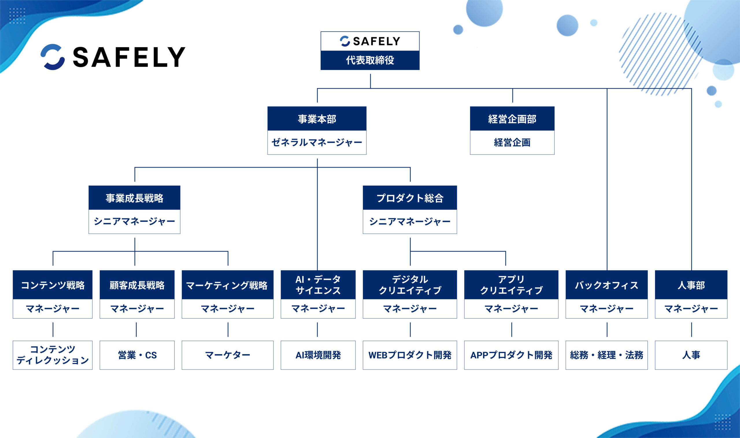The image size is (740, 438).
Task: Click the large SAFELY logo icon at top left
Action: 53,57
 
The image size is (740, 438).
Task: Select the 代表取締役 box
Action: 370,60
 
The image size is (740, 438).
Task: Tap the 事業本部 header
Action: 317,119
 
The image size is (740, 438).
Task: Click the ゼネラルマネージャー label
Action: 317,142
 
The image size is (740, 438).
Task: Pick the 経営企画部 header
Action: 512,119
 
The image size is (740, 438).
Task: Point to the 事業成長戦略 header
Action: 134,198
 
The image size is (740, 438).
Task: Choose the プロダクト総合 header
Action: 410,198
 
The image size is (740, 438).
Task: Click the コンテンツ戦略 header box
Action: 53,285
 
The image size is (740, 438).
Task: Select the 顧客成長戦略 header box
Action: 137,285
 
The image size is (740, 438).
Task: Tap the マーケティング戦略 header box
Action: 227,285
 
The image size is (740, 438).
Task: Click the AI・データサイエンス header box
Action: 318,285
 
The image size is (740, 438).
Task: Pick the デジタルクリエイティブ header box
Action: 410,285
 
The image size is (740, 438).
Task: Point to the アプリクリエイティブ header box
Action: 511,285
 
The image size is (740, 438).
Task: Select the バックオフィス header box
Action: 606,285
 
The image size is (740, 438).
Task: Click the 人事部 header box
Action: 691,285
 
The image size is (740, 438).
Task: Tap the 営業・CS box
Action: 137,355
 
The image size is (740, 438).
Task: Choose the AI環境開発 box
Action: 318,355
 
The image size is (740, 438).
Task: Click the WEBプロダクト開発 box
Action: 410,355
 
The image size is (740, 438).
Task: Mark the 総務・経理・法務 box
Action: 606,355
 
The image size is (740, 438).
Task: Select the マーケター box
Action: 227,355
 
